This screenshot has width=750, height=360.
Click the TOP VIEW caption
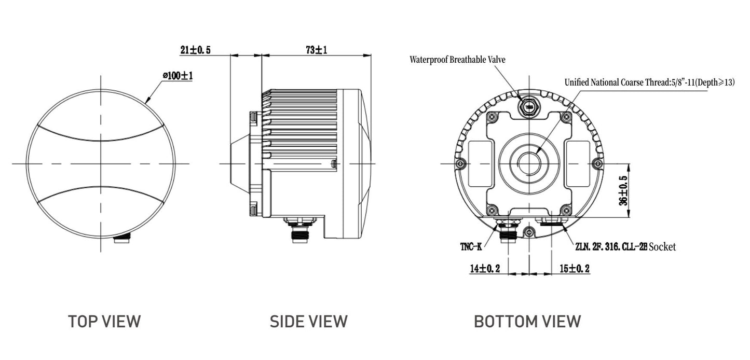pyautogui.click(x=104, y=321)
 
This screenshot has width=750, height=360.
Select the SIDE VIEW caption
pyautogui.click(x=308, y=321)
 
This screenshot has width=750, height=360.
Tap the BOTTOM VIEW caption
pyautogui.click(x=527, y=321)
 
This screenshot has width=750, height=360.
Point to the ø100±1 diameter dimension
pyautogui.click(x=178, y=76)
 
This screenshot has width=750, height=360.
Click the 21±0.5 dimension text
pyautogui.click(x=195, y=50)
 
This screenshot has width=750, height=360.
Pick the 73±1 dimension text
pyautogui.click(x=316, y=50)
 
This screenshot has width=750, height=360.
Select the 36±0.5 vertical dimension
pyautogui.click(x=623, y=191)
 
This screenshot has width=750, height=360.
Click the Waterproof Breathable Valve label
pyautogui.click(x=457, y=60)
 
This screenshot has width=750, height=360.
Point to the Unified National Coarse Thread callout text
pyautogui.click(x=649, y=82)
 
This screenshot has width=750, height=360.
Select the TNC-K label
pyautogui.click(x=471, y=247)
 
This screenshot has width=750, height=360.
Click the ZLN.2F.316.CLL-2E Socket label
pyautogui.click(x=625, y=247)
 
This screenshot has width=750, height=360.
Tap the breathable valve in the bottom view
pyautogui.click(x=529, y=107)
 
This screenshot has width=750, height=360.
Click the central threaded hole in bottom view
pyautogui.click(x=528, y=163)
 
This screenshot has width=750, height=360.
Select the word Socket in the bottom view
pyautogui.click(x=662, y=247)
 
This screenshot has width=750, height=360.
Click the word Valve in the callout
pyautogui.click(x=495, y=60)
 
